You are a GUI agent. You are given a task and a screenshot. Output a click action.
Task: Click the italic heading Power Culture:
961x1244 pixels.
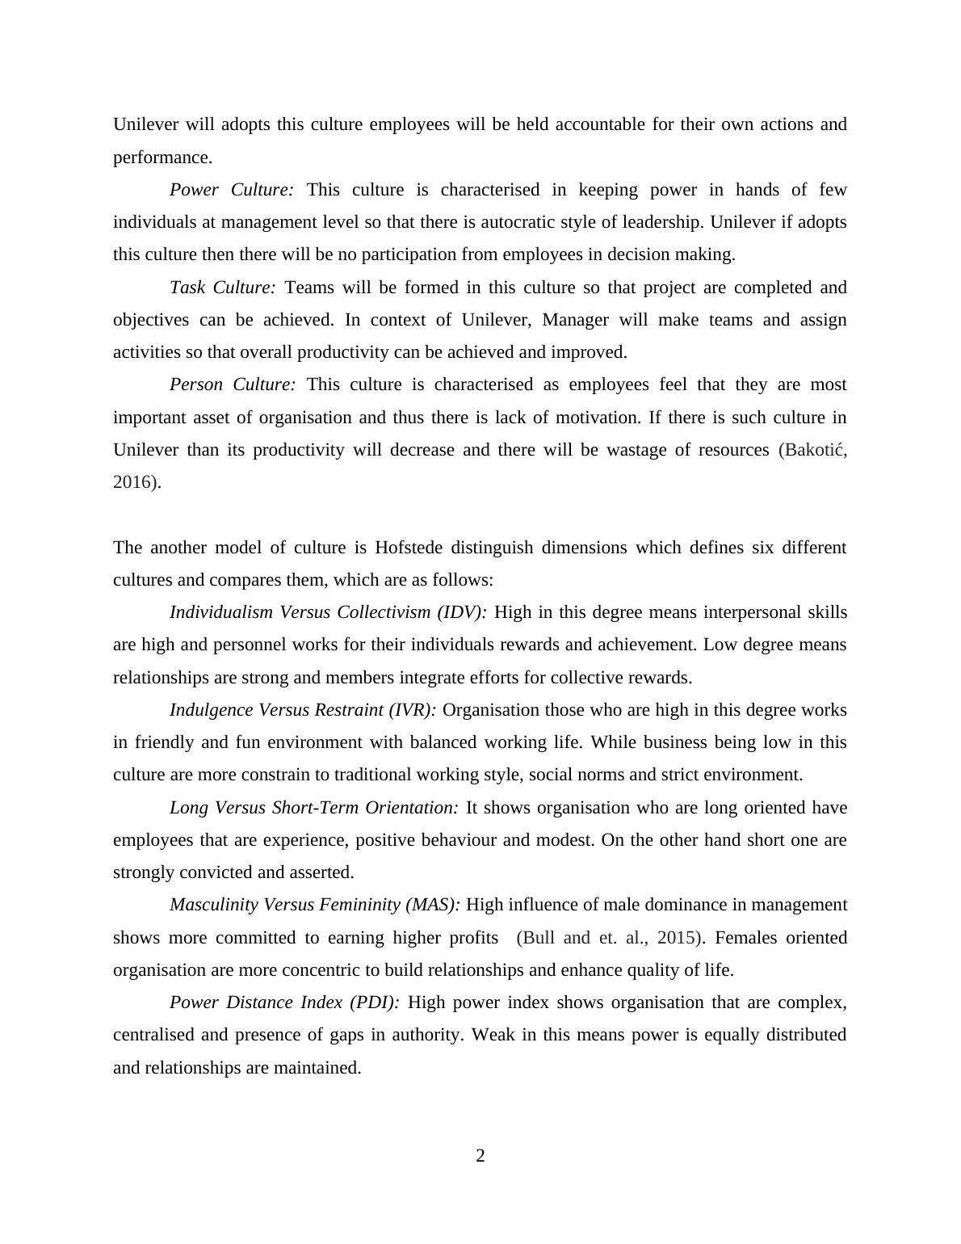point(231,190)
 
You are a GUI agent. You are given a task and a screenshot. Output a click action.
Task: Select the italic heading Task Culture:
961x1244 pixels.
point(223,288)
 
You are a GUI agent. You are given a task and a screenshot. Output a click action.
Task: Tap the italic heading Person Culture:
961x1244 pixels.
point(233,385)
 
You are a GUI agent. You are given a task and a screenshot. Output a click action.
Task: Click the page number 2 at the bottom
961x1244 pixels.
point(480,1156)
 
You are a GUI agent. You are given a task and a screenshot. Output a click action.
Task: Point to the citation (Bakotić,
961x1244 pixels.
point(812,450)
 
